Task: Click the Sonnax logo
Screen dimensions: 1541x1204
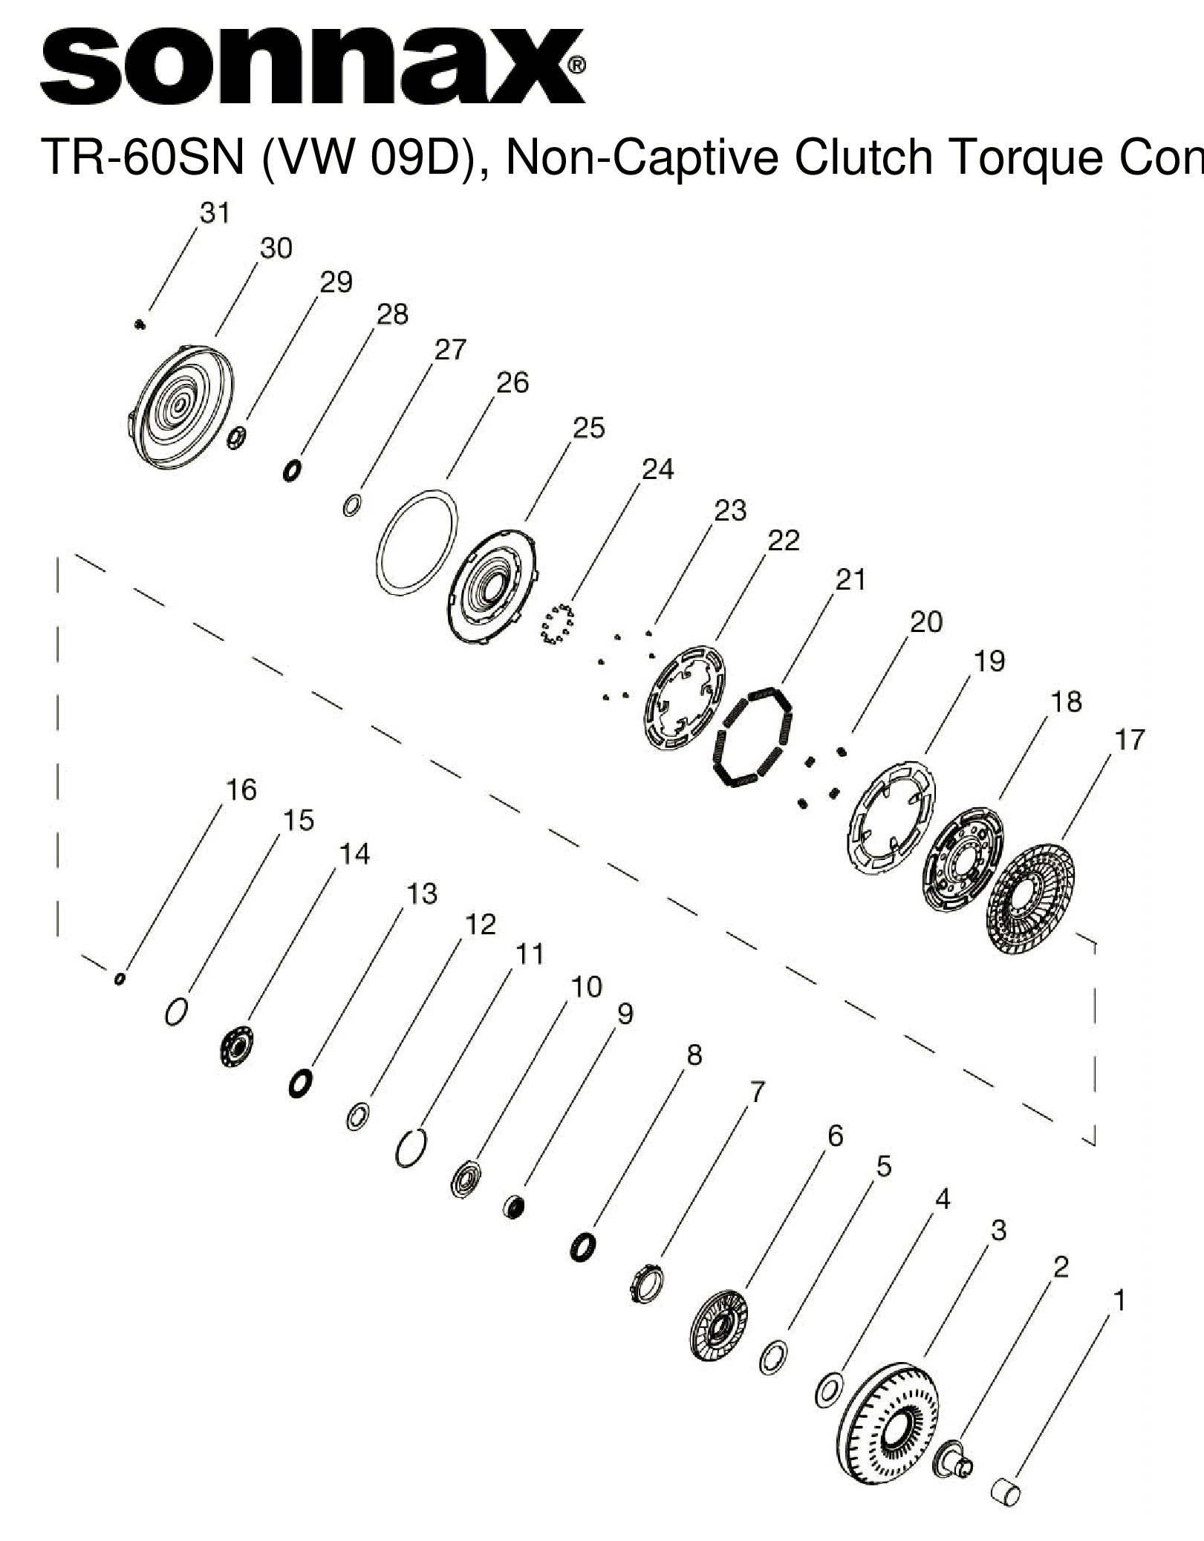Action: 312,68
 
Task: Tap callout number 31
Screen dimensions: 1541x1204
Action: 215,213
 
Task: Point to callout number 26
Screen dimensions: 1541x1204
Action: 512,383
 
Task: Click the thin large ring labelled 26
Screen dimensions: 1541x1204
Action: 417,541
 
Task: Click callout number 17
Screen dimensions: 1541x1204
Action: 1130,740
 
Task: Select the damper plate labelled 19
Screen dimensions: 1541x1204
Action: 892,815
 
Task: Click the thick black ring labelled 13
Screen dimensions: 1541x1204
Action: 300,1084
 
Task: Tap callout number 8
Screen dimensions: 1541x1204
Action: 694,1055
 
